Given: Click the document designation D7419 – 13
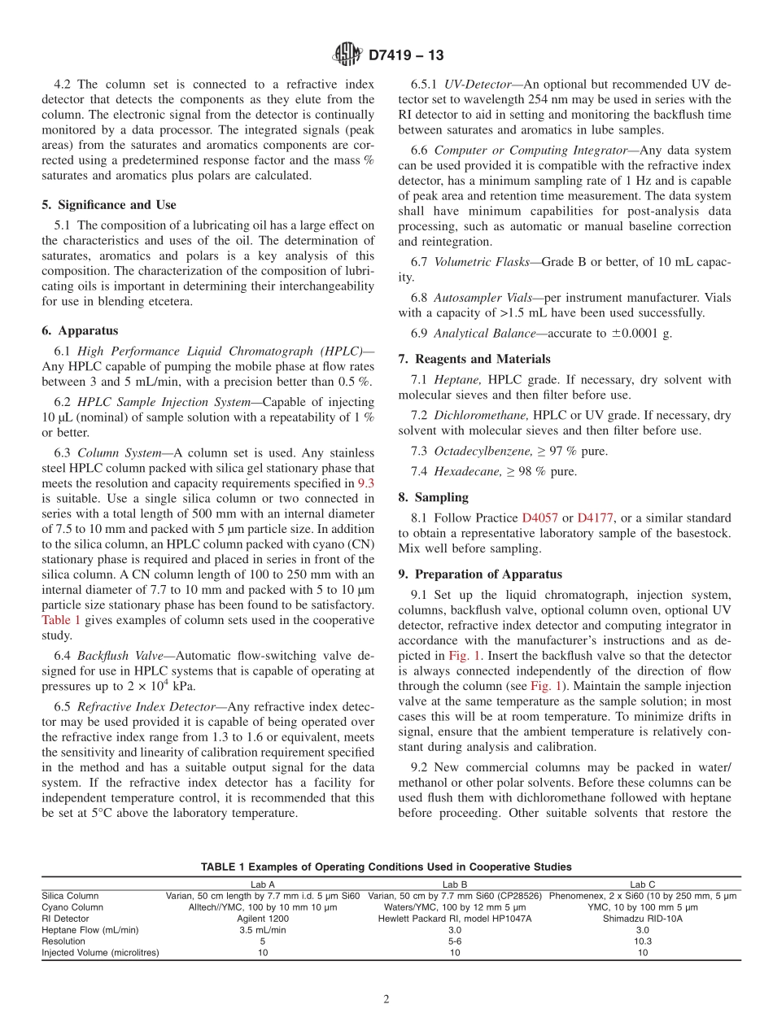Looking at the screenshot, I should (x=406, y=56).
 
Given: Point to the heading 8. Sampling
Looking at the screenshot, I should (x=434, y=497).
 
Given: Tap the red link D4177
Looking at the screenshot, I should (x=595, y=517).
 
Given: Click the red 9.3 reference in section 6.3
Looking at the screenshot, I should (x=366, y=483).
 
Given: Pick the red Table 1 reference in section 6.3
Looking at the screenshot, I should (x=61, y=620).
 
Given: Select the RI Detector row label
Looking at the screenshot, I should (x=65, y=918).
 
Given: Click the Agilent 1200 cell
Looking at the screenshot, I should (x=262, y=918).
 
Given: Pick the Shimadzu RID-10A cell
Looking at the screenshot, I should (x=642, y=918).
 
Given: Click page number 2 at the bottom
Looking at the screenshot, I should (x=386, y=999).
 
